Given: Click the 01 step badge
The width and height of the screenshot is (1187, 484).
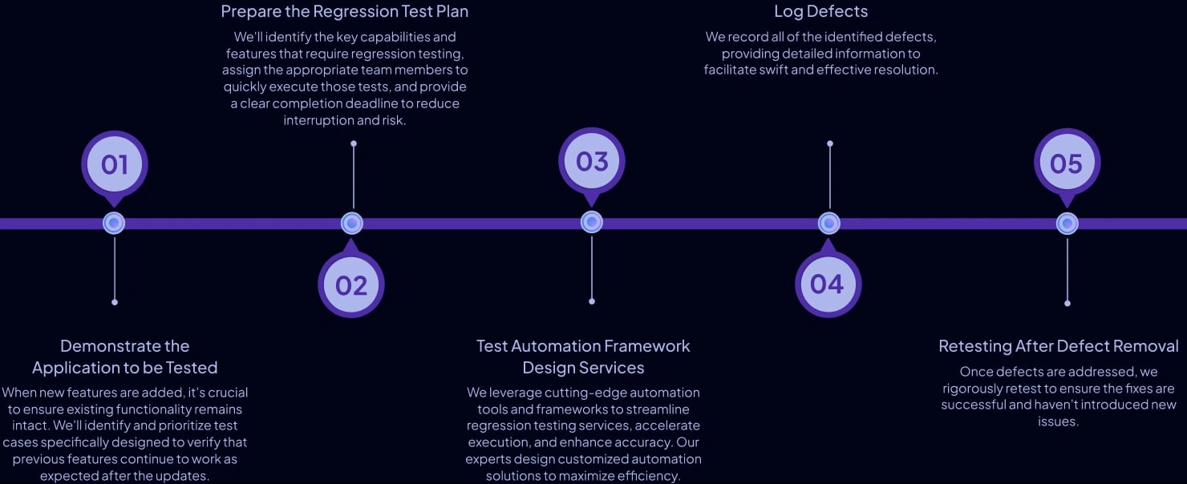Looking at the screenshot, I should (x=115, y=164).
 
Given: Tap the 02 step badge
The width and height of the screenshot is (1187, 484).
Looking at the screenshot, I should (x=351, y=284).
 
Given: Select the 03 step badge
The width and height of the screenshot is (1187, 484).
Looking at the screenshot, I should (x=592, y=162).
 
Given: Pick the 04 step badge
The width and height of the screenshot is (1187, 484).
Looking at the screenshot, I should (x=828, y=284).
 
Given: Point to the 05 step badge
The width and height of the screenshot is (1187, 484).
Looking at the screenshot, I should (x=1067, y=163).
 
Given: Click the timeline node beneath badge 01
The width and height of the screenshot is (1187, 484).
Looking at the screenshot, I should (x=114, y=224).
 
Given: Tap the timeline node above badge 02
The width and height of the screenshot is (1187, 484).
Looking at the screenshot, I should (x=352, y=224).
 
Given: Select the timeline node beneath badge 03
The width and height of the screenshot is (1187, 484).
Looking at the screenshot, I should (x=592, y=223).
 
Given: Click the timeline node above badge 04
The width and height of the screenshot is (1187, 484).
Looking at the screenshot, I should (x=829, y=224).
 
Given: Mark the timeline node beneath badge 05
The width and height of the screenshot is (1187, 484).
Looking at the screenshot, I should (x=1067, y=224).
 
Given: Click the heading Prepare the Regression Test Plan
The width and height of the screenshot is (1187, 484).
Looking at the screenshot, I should (x=345, y=11).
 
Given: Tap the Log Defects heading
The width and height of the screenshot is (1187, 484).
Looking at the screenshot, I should (x=820, y=11).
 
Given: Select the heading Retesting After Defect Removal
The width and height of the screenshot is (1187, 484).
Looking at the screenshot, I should (x=1059, y=346).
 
